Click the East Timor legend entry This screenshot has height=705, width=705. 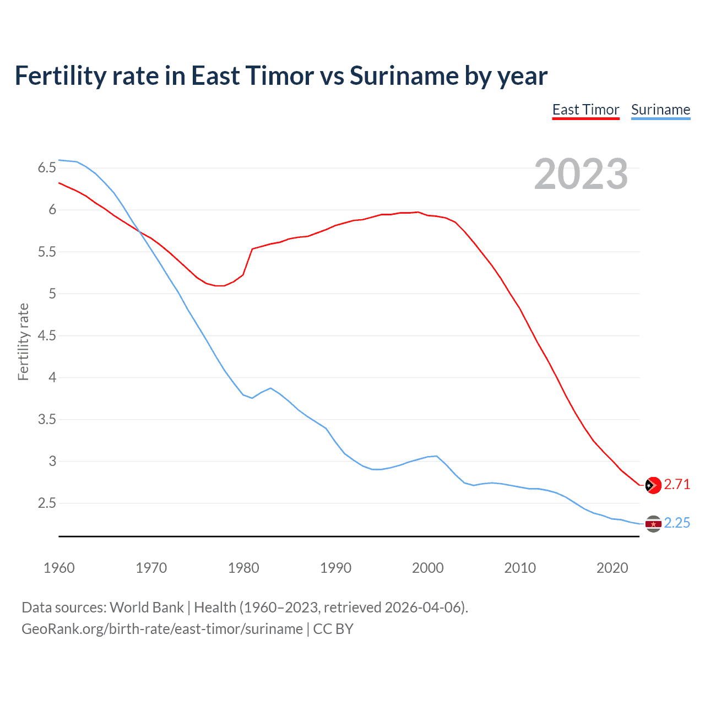tap(585, 110)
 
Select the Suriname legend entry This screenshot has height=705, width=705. tap(660, 110)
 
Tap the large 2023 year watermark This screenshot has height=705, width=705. tap(581, 174)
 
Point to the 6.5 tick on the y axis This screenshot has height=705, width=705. tap(47, 168)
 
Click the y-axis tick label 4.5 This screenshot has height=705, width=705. tap(47, 335)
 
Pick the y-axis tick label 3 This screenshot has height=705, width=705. tap(52, 461)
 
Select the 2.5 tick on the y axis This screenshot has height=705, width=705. tap(47, 503)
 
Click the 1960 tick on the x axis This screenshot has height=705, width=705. tap(59, 568)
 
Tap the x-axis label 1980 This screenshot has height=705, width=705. tap(243, 568)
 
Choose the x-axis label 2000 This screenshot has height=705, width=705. tap(427, 568)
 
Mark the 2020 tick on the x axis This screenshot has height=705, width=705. tap(612, 568)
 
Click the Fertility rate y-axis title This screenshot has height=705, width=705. tap(23, 341)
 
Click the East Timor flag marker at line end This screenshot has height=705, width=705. tap(653, 485)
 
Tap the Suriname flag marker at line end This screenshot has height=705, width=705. tap(653, 523)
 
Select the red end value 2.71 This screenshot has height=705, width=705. tap(677, 485)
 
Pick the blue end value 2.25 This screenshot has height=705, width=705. tap(677, 523)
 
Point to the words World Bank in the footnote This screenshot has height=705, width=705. tap(147, 608)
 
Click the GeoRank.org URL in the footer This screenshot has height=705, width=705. tap(162, 629)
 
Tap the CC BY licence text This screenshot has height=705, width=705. tap(333, 629)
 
